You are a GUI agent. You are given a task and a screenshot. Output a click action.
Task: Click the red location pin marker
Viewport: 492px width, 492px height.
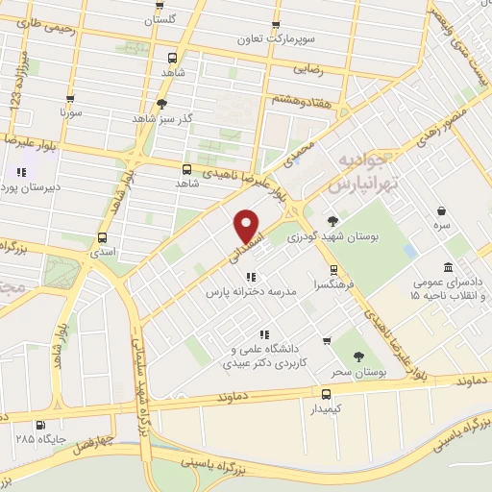click(248, 226)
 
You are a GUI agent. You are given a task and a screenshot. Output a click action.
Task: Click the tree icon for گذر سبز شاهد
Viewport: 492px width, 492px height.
click(161, 104)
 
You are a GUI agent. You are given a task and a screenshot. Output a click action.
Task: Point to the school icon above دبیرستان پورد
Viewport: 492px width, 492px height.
click(21, 173)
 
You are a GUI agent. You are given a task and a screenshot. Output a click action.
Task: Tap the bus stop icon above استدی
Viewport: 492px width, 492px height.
click(102, 237)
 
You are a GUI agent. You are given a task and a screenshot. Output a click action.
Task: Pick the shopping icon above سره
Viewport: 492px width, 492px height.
click(441, 210)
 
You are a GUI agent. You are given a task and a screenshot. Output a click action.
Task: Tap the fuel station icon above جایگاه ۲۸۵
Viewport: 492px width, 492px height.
click(39, 425)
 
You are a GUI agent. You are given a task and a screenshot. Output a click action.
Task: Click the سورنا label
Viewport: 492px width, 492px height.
click(73, 112)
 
